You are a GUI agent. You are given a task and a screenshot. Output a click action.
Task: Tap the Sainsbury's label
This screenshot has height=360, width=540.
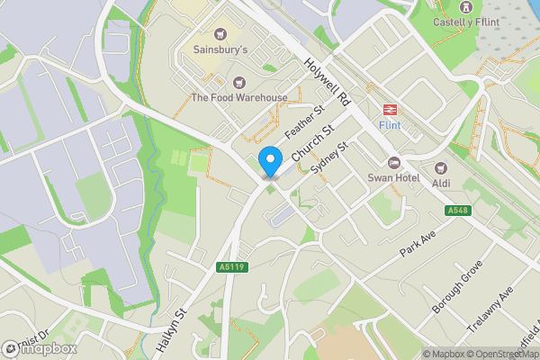220,50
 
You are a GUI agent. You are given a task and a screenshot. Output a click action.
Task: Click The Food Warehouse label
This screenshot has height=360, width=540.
238,97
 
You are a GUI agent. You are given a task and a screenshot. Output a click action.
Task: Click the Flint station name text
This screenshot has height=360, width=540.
390,125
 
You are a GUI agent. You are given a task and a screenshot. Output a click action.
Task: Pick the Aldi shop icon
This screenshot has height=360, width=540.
441,167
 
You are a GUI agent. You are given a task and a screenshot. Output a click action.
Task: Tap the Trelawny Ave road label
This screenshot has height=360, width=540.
495,307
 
